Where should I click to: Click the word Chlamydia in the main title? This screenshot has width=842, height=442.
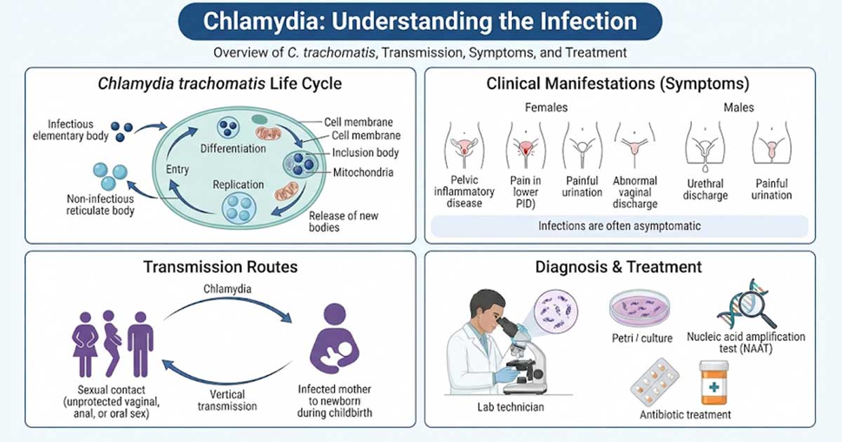pyautogui.click(x=265, y=21)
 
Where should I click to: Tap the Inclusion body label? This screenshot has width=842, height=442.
pyautogui.click(x=365, y=153)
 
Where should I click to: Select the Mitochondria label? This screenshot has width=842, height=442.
pyautogui.click(x=363, y=173)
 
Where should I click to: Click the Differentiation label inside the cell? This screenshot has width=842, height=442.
pyautogui.click(x=233, y=149)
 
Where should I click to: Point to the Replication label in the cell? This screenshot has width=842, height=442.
pyautogui.click(x=239, y=185)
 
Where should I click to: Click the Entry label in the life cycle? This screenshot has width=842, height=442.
pyautogui.click(x=178, y=170)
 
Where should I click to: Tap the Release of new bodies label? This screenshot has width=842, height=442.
pyautogui.click(x=343, y=222)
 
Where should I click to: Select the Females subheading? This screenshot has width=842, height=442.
pyautogui.click(x=546, y=107)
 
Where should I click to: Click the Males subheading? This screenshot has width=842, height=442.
pyautogui.click(x=739, y=107)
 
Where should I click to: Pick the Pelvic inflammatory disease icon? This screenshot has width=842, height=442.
pyautogui.click(x=465, y=145)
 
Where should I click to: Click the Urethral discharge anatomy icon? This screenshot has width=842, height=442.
pyautogui.click(x=705, y=147)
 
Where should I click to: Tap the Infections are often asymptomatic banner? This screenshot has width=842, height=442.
pyautogui.click(x=620, y=226)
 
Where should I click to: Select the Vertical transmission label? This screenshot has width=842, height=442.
pyautogui.click(x=227, y=401)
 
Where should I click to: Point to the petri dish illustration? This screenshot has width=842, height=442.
pyautogui.click(x=639, y=308)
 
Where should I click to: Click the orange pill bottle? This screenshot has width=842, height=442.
pyautogui.click(x=714, y=382)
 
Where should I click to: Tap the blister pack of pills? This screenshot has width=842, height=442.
pyautogui.click(x=655, y=382)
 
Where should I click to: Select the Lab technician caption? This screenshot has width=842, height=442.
pyautogui.click(x=511, y=407)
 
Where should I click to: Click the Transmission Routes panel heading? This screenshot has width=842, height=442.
pyautogui.click(x=220, y=267)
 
